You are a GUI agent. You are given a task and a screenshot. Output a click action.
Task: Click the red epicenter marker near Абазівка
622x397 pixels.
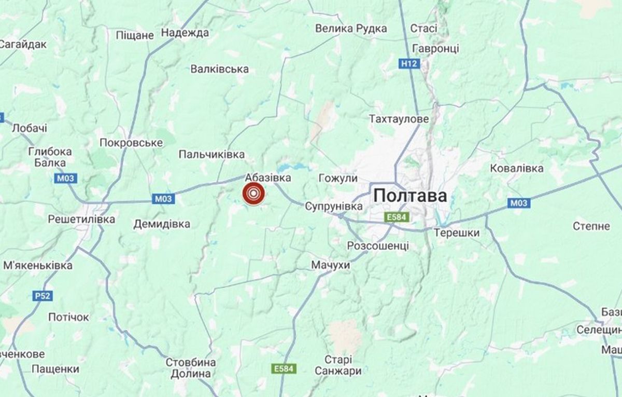[x=253, y=194]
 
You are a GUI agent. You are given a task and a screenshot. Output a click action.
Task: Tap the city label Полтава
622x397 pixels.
[x=410, y=196]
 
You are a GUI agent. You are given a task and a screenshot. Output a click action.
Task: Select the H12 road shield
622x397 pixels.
[x=409, y=63]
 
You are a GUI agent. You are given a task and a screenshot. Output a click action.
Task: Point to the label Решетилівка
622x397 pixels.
[x=81, y=220]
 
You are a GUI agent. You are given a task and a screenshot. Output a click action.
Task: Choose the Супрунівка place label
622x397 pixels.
[x=333, y=207]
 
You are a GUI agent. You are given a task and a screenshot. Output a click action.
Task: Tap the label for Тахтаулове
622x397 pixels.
[x=399, y=119]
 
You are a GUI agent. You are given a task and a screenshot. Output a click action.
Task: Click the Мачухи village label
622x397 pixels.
[x=331, y=265]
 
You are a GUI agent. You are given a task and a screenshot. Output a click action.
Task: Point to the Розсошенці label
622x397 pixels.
[x=378, y=245]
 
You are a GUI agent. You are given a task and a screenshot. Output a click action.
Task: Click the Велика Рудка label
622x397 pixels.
[x=351, y=29]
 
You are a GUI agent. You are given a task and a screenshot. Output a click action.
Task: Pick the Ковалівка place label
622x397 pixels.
[x=517, y=169]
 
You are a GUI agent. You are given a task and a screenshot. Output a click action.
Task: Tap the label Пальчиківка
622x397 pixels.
[x=211, y=155]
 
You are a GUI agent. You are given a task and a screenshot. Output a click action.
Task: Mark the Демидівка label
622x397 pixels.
[x=162, y=224]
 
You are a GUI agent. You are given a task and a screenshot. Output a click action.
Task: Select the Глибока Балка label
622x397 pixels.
[x=50, y=157]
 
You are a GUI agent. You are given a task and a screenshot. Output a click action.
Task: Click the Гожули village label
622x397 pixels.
[x=338, y=179]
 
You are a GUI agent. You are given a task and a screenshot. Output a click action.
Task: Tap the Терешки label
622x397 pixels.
[x=457, y=233]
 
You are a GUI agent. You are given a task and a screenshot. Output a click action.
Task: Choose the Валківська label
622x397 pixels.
[x=220, y=69]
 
